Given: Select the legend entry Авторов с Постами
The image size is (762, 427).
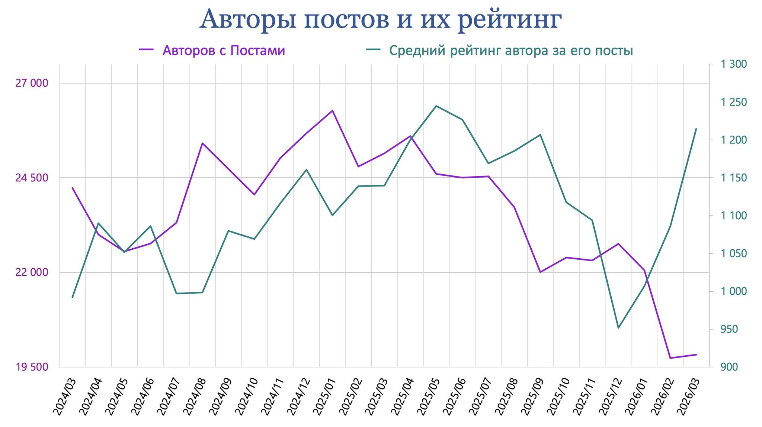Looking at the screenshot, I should pos(223,51).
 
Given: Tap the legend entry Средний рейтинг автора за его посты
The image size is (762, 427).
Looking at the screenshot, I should pos(511,51).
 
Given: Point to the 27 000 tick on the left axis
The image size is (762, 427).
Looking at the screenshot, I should pos(32,83).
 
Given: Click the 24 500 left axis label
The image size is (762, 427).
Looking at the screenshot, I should pos(32,178).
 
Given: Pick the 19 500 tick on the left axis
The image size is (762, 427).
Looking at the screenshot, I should pos(32,367).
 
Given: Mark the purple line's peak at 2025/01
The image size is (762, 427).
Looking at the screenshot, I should pos(332,111).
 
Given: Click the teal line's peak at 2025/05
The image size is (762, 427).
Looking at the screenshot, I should pos(436,106).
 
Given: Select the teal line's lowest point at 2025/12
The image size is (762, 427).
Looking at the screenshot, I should pos(618,328).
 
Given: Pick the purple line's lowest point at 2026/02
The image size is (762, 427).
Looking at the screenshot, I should pos(670,358).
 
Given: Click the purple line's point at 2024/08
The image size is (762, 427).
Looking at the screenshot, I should pos(202,143).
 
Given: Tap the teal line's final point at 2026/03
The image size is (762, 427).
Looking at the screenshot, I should pos(696,129).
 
